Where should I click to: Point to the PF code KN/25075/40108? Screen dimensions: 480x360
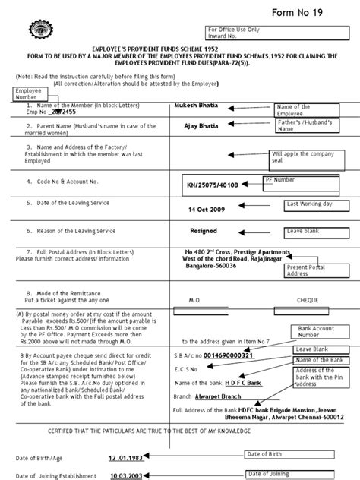[217, 184]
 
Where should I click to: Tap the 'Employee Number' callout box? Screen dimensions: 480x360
[29, 94]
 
